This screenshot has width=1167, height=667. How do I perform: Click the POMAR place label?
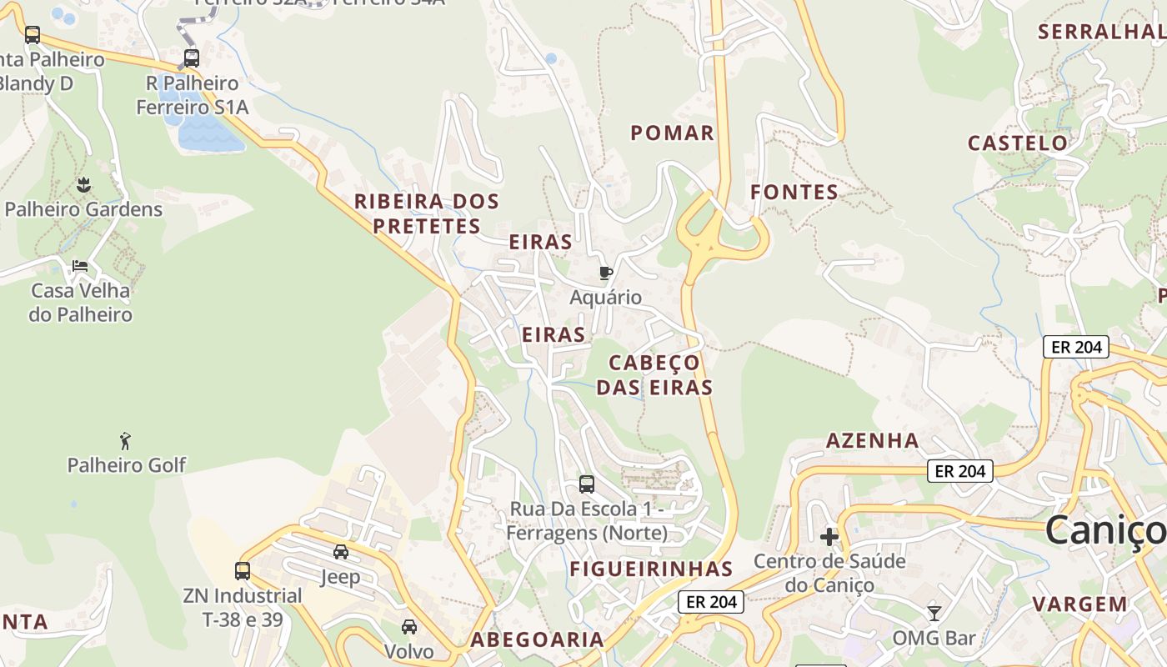click(672, 133)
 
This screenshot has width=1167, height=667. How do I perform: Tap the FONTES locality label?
click(794, 192)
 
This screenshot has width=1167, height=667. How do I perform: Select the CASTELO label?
click(1017, 143)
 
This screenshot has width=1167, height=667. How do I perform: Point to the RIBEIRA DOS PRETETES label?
click(427, 213)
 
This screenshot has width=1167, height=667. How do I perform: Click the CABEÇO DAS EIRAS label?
click(654, 374)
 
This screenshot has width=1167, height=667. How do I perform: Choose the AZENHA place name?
click(872, 440)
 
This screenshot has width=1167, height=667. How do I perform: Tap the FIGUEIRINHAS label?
click(651, 569)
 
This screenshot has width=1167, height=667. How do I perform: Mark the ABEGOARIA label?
click(537, 639)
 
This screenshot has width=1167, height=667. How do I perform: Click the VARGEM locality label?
click(1079, 604)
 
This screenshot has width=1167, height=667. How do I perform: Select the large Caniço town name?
click(1104, 530)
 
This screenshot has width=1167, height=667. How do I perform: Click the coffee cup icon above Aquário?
click(606, 273)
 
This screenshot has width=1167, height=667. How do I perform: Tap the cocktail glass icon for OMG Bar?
click(934, 614)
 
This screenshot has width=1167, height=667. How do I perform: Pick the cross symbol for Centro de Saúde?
click(829, 536)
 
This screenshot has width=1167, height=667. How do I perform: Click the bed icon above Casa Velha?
click(80, 266)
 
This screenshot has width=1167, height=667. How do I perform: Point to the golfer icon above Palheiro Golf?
click(126, 440)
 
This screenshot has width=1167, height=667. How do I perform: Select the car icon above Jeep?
click(341, 552)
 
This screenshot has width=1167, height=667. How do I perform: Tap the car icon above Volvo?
click(409, 627)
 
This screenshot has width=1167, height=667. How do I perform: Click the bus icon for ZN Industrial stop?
click(243, 571)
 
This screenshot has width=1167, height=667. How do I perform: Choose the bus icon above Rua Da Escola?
click(587, 484)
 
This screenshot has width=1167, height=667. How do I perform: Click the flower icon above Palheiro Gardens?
click(83, 184)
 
